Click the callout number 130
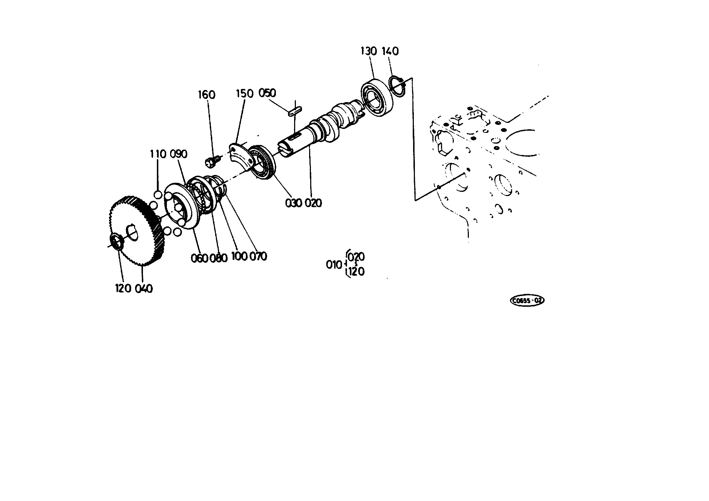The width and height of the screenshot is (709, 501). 369,51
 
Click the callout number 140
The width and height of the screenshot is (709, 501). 390,51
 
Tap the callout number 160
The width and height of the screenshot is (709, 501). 207,95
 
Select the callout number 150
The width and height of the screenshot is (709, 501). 244,94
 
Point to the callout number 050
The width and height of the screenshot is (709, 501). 267,93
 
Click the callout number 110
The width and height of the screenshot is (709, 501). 158,154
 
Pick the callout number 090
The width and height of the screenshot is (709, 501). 178,154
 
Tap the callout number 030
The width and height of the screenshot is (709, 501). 293,203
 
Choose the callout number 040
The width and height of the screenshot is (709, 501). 144,288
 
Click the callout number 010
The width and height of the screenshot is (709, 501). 334,265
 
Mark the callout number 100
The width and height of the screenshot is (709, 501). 240,256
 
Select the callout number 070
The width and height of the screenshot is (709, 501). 258,256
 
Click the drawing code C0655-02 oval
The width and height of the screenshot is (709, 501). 527,301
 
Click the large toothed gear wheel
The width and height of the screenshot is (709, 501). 137,231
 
